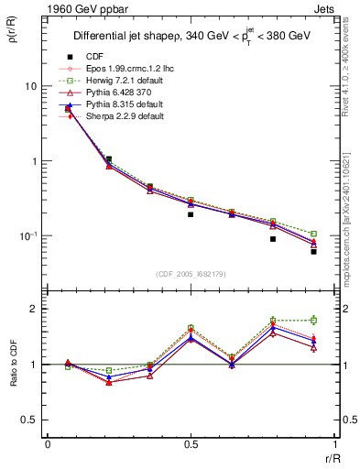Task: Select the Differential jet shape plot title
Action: coord(188,38)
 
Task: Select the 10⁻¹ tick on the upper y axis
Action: coord(30,236)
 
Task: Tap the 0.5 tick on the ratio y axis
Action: coord(30,420)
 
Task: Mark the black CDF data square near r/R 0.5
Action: coord(191,214)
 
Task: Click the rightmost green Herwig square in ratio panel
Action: coord(313,320)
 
